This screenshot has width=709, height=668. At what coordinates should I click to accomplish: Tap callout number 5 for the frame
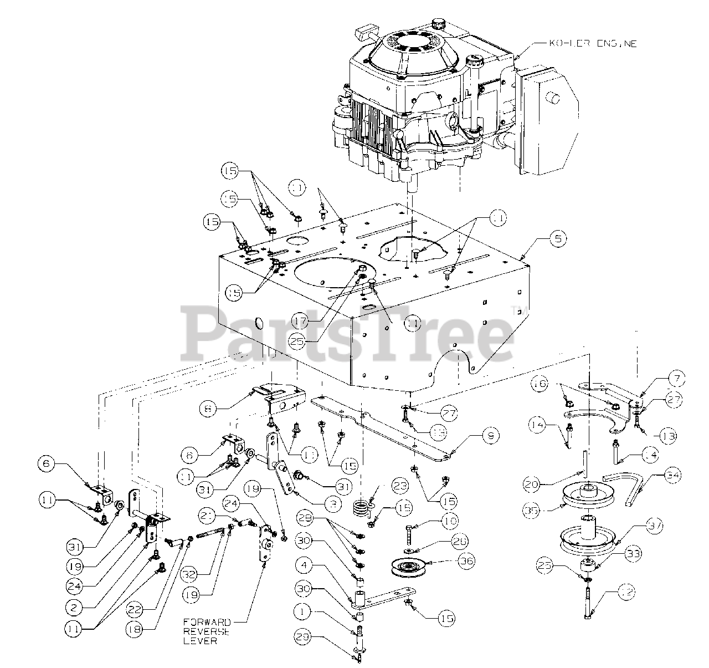click(x=557, y=239)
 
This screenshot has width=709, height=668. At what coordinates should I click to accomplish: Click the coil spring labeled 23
click(x=361, y=508)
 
